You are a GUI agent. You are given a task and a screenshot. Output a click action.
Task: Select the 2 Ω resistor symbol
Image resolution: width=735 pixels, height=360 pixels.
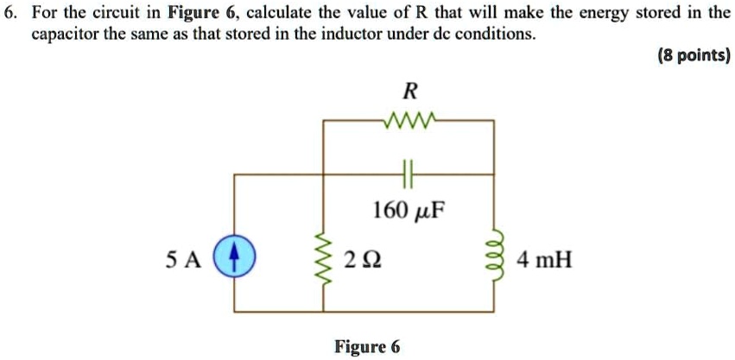click(x=324, y=258)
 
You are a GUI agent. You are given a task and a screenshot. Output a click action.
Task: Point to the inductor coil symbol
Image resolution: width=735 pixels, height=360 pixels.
click(x=493, y=258)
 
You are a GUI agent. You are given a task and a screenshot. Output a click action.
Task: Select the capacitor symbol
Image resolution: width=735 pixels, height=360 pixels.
click(x=408, y=174)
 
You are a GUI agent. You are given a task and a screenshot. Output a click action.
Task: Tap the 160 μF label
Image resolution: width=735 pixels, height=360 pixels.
click(x=407, y=211)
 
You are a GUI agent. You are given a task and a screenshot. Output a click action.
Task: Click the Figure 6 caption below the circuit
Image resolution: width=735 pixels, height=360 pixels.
click(x=367, y=346)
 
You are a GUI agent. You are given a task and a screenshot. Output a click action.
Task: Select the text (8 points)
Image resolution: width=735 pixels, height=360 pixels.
click(x=693, y=56)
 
